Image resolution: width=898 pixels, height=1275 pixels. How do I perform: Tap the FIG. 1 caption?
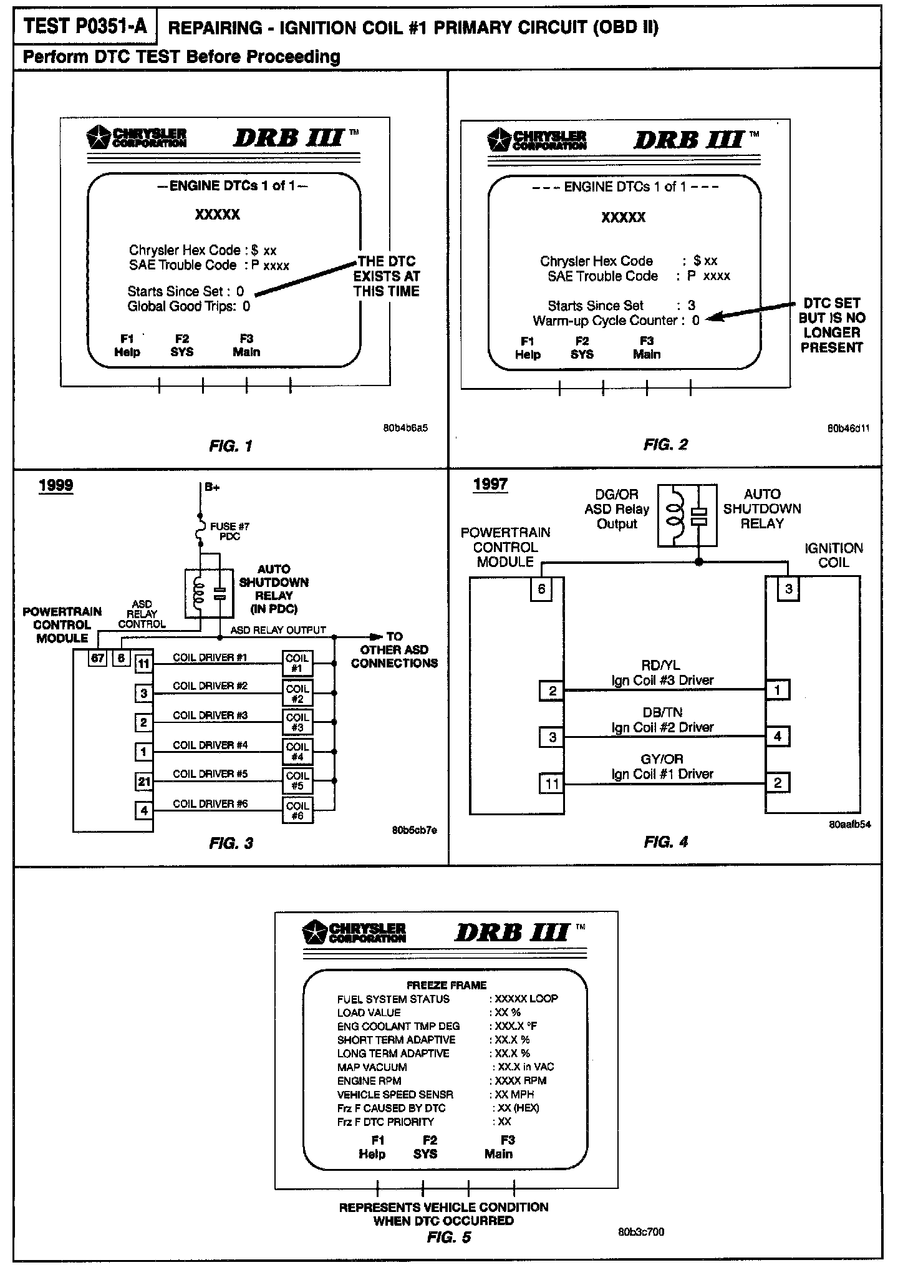click(230, 446)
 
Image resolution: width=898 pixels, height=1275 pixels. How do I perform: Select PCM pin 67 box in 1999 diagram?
click(98, 659)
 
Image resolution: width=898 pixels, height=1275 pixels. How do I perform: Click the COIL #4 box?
click(297, 752)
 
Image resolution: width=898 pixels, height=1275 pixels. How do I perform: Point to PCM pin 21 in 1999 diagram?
click(143, 781)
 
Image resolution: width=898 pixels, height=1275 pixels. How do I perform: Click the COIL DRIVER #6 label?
click(210, 804)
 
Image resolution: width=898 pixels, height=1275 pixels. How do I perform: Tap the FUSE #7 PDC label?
click(229, 531)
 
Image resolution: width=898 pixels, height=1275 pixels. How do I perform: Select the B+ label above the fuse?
click(212, 488)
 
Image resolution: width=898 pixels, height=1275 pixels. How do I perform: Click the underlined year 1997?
click(490, 484)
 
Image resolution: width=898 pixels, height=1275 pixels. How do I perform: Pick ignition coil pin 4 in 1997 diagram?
click(777, 736)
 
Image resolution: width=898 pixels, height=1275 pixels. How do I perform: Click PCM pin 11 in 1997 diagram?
click(552, 783)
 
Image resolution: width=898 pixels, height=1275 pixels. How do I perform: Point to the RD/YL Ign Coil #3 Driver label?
click(662, 673)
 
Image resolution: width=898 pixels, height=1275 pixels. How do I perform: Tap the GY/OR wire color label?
click(662, 759)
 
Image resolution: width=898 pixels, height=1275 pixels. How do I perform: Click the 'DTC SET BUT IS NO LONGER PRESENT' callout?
click(831, 325)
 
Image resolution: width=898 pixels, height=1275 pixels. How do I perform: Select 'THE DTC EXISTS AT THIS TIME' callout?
click(387, 276)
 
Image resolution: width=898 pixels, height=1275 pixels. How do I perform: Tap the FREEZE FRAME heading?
click(446, 986)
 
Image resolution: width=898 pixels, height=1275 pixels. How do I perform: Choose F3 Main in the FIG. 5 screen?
click(499, 1147)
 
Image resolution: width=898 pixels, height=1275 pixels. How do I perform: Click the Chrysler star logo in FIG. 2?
click(498, 139)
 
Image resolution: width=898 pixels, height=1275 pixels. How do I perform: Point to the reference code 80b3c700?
click(640, 1232)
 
